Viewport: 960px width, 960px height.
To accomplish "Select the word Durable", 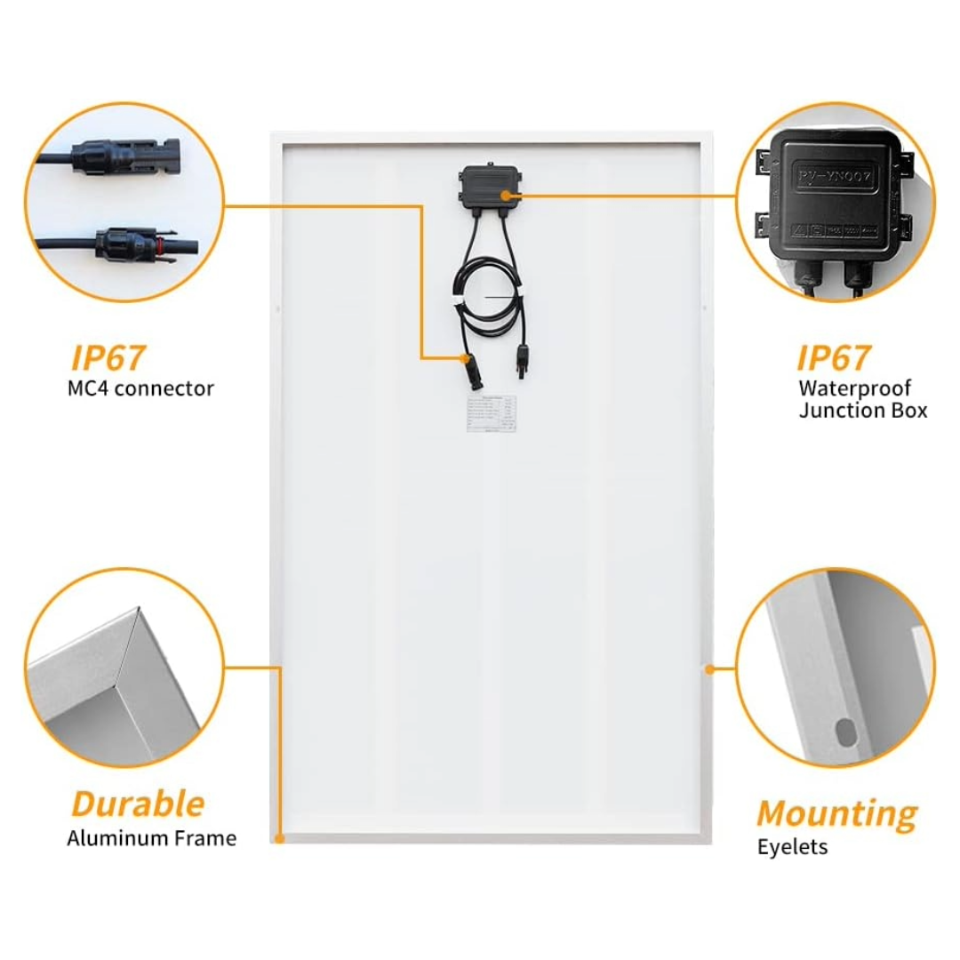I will (138, 804).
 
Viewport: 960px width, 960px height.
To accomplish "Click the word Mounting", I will (836, 813).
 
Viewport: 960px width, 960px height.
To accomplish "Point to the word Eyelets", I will (792, 847).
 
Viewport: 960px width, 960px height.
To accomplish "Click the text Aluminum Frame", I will (152, 838).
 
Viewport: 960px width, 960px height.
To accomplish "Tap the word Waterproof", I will (854, 388).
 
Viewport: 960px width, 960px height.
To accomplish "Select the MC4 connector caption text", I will (140, 388).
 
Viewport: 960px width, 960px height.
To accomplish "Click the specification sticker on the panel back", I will (491, 414).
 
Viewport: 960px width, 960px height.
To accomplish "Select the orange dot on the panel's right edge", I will (709, 668).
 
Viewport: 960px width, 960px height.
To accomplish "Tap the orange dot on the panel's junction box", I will (505, 193).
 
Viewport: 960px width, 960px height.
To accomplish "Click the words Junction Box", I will (862, 411).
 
